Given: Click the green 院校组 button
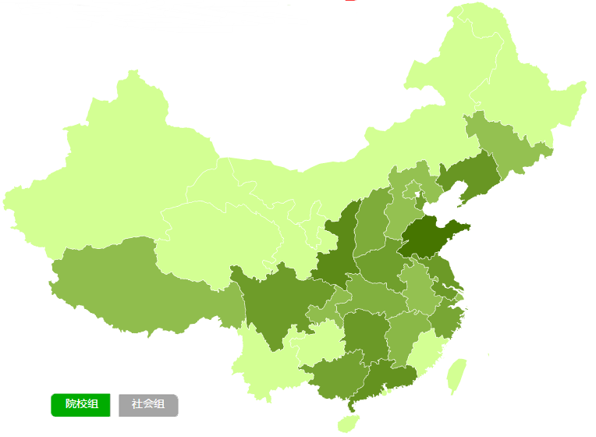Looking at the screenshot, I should click(x=81, y=404).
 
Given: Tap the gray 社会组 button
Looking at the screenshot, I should click(x=148, y=404).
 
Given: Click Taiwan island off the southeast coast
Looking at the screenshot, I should click(x=457, y=375).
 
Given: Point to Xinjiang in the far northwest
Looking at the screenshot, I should click(x=117, y=156).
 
